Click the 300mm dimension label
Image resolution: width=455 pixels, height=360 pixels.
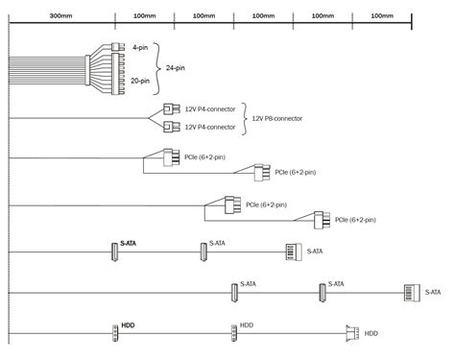[60, 15]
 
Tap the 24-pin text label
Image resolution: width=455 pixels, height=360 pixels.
[176, 68]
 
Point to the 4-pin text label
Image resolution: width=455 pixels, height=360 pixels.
[140, 48]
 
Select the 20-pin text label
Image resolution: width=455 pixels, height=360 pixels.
[140, 81]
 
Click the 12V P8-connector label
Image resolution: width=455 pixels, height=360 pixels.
[277, 118]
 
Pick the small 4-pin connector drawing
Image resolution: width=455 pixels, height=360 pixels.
[118, 47]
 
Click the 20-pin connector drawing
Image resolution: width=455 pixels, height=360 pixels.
[118, 74]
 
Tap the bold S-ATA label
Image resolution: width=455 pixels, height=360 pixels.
[128, 243]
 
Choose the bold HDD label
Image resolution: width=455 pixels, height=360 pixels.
[128, 325]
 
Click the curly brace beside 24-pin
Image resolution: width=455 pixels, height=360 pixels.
[156, 68]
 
